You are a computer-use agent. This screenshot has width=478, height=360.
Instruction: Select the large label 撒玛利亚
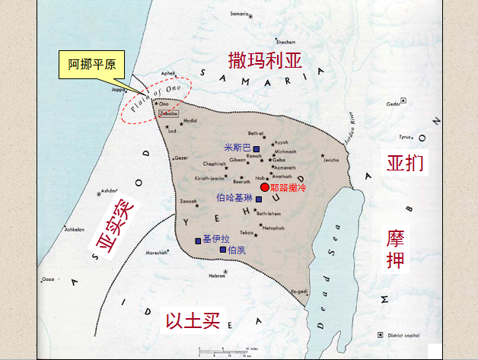click(266, 60)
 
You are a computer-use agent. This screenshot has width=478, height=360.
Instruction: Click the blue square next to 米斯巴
click(257, 148)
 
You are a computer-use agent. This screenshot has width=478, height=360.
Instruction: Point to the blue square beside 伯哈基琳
click(259, 199)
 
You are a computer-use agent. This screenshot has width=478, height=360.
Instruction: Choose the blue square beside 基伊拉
click(198, 241)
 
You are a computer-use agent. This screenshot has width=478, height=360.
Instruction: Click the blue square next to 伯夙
click(223, 250)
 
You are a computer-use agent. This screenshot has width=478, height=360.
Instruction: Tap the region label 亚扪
click(403, 163)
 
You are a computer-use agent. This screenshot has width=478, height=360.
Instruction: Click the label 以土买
click(193, 321)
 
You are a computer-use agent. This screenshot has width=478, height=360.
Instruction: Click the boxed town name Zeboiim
click(169, 112)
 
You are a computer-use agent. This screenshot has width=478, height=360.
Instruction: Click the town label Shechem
click(285, 42)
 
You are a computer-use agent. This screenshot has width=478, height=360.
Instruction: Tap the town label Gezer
click(181, 158)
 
